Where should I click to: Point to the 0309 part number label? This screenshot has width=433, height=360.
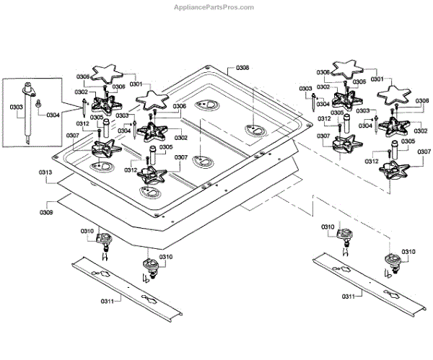tap(45, 213)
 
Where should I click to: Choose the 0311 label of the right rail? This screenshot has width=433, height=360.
tap(351, 296)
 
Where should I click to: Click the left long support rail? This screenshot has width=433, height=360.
tap(126, 289)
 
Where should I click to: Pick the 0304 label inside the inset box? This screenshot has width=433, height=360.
tap(53, 115)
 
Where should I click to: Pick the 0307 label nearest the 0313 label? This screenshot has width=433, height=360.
tap(72, 135)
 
